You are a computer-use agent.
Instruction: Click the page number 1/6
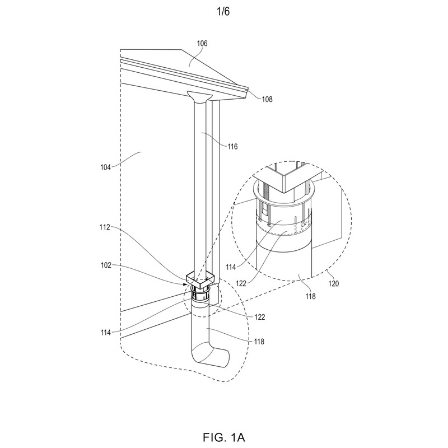[x=223, y=12]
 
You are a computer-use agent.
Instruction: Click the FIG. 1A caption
[x=223, y=437]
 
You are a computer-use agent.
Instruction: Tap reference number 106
[x=202, y=44]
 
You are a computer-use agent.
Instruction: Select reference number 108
[x=267, y=99]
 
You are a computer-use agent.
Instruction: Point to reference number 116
[x=232, y=147]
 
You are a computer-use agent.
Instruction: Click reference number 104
[x=105, y=167]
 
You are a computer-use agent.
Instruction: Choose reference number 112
[x=105, y=227]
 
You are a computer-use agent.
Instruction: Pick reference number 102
[x=106, y=265]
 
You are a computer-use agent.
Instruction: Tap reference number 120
[x=333, y=283]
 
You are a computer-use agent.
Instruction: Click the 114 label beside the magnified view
[x=231, y=267]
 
